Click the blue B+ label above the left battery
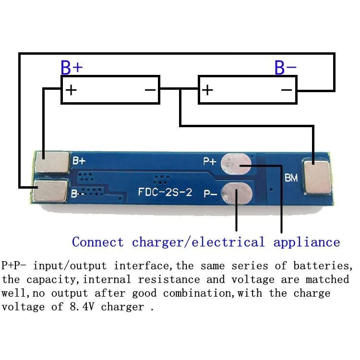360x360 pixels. pyautogui.click(x=72, y=68)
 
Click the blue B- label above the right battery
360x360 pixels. pyautogui.click(x=285, y=68)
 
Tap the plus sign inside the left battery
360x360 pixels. pyautogui.click(x=71, y=90)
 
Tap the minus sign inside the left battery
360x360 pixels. pyautogui.click(x=150, y=90)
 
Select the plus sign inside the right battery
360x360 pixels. pyautogui.click(x=207, y=90)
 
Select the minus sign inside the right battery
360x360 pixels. pyautogui.click(x=287, y=90)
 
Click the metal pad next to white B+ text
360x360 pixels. pyautogui.click(x=52, y=161)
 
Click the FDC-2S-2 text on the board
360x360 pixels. pyautogui.click(x=165, y=193)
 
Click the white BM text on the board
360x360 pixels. pyautogui.click(x=291, y=178)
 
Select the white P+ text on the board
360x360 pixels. pyautogui.click(x=210, y=162)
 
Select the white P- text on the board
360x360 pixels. pyautogui.click(x=210, y=193)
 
